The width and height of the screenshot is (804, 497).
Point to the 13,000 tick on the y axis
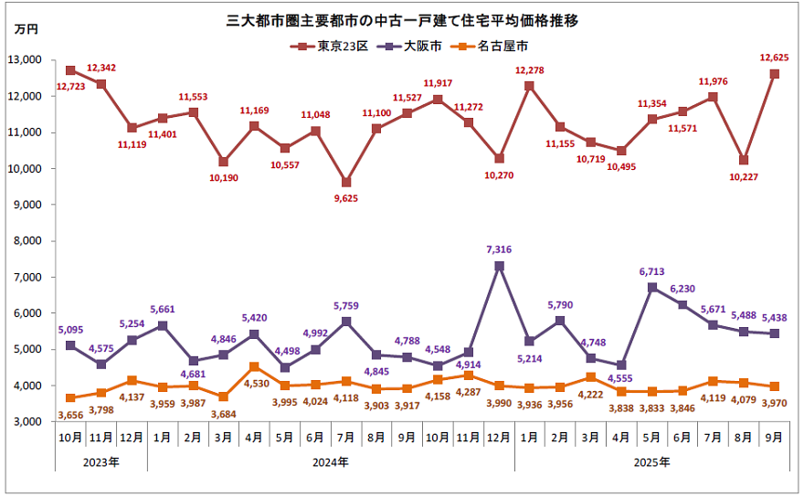pos(30,60)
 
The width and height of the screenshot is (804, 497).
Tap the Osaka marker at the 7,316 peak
pos(499,267)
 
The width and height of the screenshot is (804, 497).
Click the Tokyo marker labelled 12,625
pos(775,74)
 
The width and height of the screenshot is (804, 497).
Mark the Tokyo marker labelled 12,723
pos(70,70)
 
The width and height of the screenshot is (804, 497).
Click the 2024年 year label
pos(330,462)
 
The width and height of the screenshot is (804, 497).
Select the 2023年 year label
pos(100,462)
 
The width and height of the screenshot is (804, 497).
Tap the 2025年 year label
pos(652,462)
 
